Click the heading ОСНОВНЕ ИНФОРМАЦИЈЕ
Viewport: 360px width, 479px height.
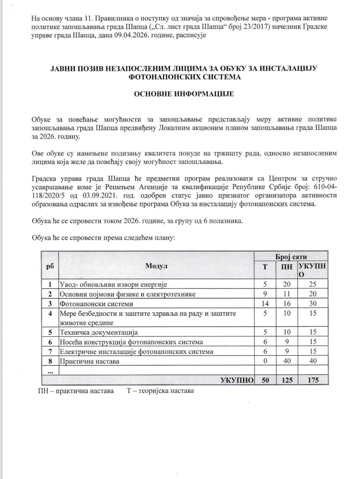pos(183,94)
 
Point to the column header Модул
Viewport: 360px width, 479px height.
pos(156,266)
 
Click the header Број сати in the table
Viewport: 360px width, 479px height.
pos(291,257)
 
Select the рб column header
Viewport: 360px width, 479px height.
pos(50,266)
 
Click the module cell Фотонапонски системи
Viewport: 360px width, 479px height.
pos(96,304)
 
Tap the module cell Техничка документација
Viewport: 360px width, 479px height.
pos(98,332)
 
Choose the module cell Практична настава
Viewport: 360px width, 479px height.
pos(89,361)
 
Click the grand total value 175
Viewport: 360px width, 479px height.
pos(313,380)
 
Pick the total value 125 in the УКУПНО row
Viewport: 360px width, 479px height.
pos(287,380)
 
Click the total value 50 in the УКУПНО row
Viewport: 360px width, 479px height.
pos(265,380)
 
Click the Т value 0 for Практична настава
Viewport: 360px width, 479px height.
pos(265,361)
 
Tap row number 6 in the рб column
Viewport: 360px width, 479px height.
pos(50,342)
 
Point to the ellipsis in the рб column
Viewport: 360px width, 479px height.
pos(50,371)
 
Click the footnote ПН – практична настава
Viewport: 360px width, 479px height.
pos(76,391)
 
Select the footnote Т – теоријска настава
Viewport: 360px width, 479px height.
pos(160,391)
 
